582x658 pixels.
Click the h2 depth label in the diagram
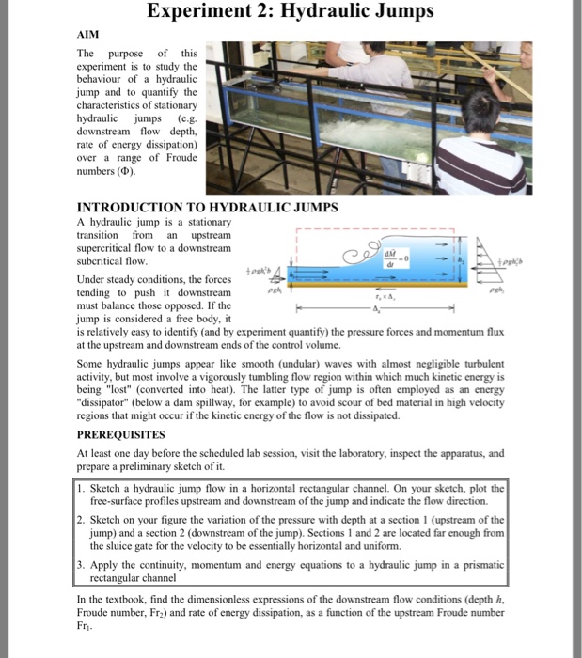pos(461,259)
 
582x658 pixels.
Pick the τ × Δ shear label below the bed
pos(374,293)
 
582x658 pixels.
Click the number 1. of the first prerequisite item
pos(82,488)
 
